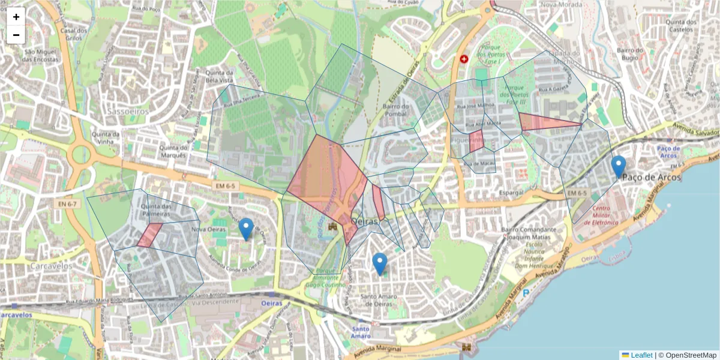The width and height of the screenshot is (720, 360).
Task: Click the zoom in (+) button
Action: pyautogui.click(x=16, y=17)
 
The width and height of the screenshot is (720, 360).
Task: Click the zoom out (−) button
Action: pyautogui.click(x=16, y=35)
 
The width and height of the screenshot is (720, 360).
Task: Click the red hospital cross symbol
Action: pyautogui.click(x=463, y=59)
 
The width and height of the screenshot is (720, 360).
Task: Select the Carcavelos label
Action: pyautogui.click(x=36, y=266)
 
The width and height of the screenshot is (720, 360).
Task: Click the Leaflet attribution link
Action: pyautogui.click(x=641, y=355)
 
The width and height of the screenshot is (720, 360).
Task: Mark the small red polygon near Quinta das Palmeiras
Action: pyautogui.click(x=149, y=235)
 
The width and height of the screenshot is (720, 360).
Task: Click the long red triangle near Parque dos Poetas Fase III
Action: pyautogui.click(x=543, y=122)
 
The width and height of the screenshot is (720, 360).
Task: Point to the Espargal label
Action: pyautogui.click(x=511, y=193)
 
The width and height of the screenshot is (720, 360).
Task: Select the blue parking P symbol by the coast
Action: pyautogui.click(x=526, y=293)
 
